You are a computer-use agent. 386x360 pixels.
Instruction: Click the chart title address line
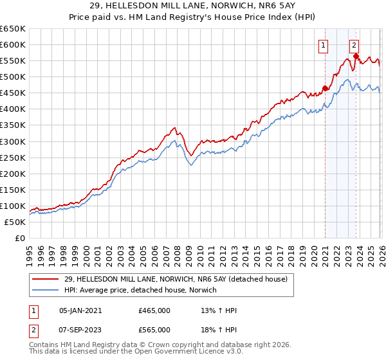click(x=193, y=6)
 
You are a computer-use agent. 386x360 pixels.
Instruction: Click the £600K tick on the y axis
click(x=13, y=44)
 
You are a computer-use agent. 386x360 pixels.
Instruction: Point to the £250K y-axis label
click(x=13, y=157)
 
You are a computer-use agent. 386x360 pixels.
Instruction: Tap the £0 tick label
click(x=19, y=238)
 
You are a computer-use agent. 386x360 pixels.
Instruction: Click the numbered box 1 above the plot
click(x=322, y=45)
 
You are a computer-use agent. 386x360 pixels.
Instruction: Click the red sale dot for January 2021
click(x=325, y=88)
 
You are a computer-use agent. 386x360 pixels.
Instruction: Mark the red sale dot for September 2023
click(x=356, y=56)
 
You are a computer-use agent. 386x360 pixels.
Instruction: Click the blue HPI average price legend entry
click(x=140, y=290)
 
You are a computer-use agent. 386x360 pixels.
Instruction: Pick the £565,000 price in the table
click(x=154, y=330)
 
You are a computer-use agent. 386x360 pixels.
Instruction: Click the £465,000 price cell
click(x=154, y=310)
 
